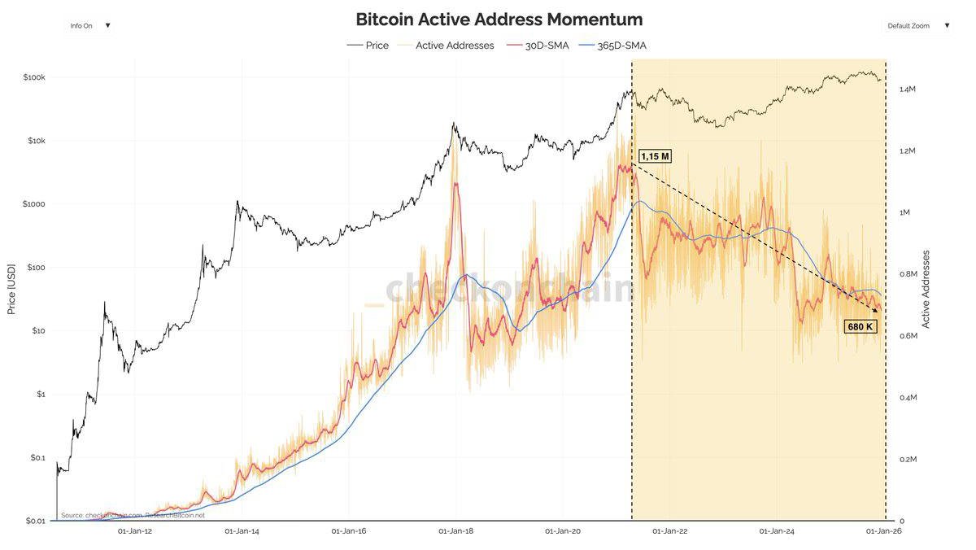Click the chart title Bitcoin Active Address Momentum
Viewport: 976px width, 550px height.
[x=499, y=20]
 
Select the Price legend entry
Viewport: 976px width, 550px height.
[x=369, y=46]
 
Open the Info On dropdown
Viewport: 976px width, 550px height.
[x=89, y=26]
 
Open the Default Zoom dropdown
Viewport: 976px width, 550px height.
[x=917, y=26]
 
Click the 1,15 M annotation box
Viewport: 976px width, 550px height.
[x=655, y=156]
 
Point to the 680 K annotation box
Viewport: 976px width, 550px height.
[x=860, y=326]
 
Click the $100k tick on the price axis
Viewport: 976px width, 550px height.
[x=33, y=77]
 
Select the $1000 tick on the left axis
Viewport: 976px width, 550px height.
[x=33, y=204]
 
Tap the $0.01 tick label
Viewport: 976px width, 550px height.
[x=33, y=521]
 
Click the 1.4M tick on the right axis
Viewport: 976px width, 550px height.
[x=908, y=89]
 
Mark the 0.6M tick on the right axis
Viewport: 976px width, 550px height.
[x=908, y=336]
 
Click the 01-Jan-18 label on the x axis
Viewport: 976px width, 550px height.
[x=455, y=531]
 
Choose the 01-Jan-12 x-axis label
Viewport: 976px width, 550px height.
[x=135, y=531]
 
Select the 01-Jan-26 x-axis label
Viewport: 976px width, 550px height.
[x=883, y=531]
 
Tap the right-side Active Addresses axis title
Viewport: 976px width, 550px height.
[x=926, y=289]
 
